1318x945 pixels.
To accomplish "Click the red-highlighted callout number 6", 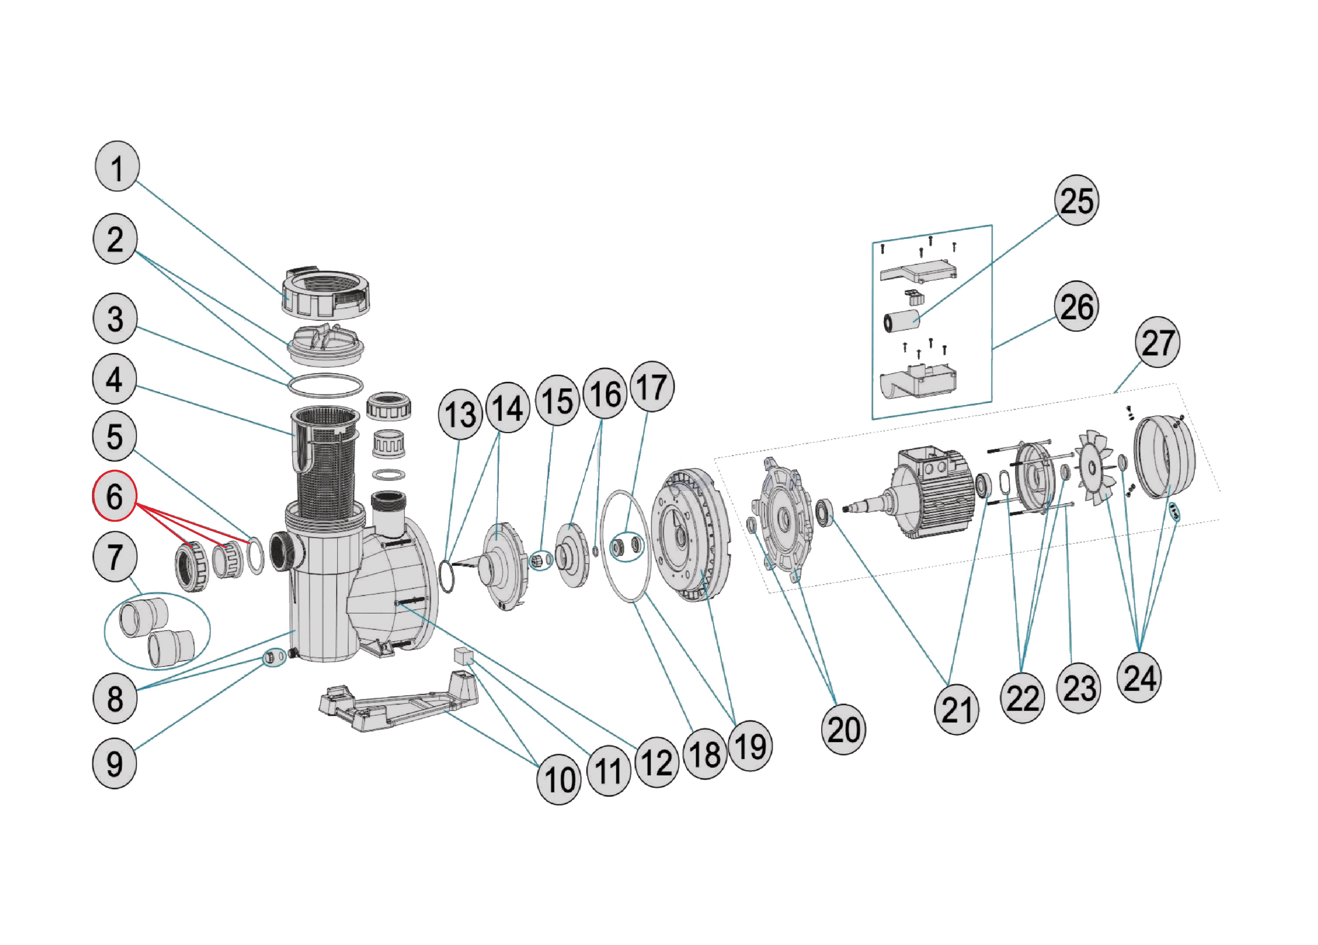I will pyautogui.click(x=115, y=496).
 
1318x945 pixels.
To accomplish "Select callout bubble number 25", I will pyautogui.click(x=1076, y=200).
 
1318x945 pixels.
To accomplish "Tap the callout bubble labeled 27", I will pyautogui.click(x=1157, y=342).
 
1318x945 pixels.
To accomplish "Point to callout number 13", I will pyautogui.click(x=460, y=414).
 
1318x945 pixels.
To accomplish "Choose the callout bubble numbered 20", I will pyautogui.click(x=843, y=729).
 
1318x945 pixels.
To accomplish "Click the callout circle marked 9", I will pyautogui.click(x=115, y=763).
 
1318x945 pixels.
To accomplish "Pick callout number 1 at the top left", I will pyautogui.click(x=117, y=166).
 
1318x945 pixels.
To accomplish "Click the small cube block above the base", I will pyautogui.click(x=463, y=656).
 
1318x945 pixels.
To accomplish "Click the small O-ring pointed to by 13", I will pyautogui.click(x=446, y=576).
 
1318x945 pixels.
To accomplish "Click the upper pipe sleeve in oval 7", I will pyautogui.click(x=143, y=617).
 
